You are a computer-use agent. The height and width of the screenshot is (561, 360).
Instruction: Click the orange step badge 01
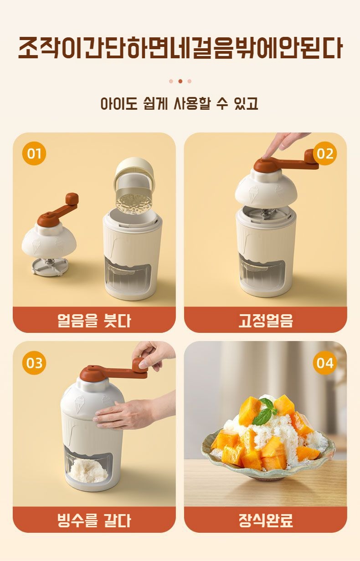point(34,153)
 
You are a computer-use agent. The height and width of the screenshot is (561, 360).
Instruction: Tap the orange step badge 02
point(325,153)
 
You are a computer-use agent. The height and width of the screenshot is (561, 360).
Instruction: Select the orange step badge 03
point(34,363)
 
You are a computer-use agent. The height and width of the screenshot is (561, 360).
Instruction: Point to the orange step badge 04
point(325,363)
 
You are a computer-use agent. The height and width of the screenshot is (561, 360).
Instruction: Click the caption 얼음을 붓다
point(94,320)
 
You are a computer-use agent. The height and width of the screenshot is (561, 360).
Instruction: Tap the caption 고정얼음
point(266,320)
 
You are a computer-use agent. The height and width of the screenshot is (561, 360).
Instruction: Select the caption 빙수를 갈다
point(94,520)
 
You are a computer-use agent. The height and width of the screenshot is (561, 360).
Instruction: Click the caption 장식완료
point(266,520)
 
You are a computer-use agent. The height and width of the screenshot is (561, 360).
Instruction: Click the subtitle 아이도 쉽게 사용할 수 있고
point(180,103)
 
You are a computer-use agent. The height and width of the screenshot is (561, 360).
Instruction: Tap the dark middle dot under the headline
point(180,81)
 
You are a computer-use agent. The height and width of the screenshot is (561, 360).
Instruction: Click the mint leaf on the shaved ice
point(265,412)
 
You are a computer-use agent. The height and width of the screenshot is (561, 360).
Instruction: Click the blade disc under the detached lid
point(50,267)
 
